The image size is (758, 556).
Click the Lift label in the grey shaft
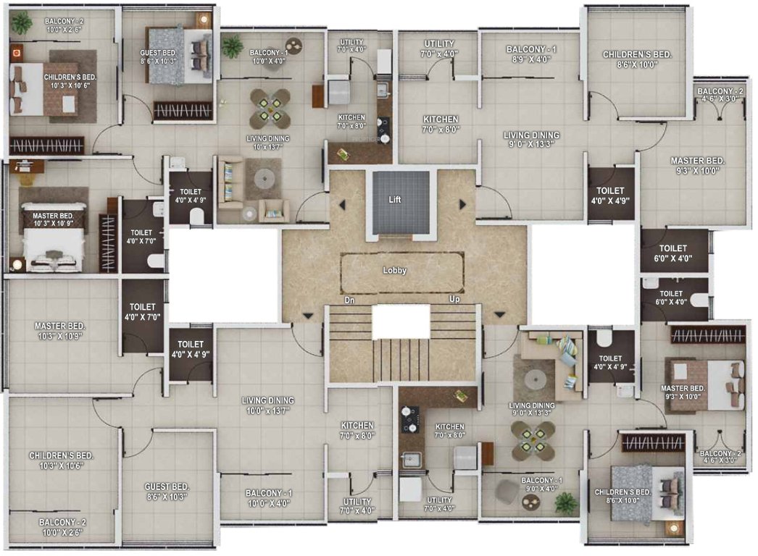[394, 199]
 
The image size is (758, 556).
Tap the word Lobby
[395, 270]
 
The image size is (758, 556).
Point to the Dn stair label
[349, 299]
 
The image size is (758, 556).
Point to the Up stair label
[455, 299]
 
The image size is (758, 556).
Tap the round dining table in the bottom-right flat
[533, 441]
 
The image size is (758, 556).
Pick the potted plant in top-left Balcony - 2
[22, 24]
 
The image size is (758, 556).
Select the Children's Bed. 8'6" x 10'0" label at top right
[638, 59]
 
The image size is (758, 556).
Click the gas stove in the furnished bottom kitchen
[409, 417]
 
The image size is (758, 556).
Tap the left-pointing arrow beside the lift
[341, 205]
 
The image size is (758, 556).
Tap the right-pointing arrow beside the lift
[462, 205]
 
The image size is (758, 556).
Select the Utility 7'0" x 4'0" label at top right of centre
[438, 49]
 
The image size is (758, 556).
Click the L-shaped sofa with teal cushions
[558, 358]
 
